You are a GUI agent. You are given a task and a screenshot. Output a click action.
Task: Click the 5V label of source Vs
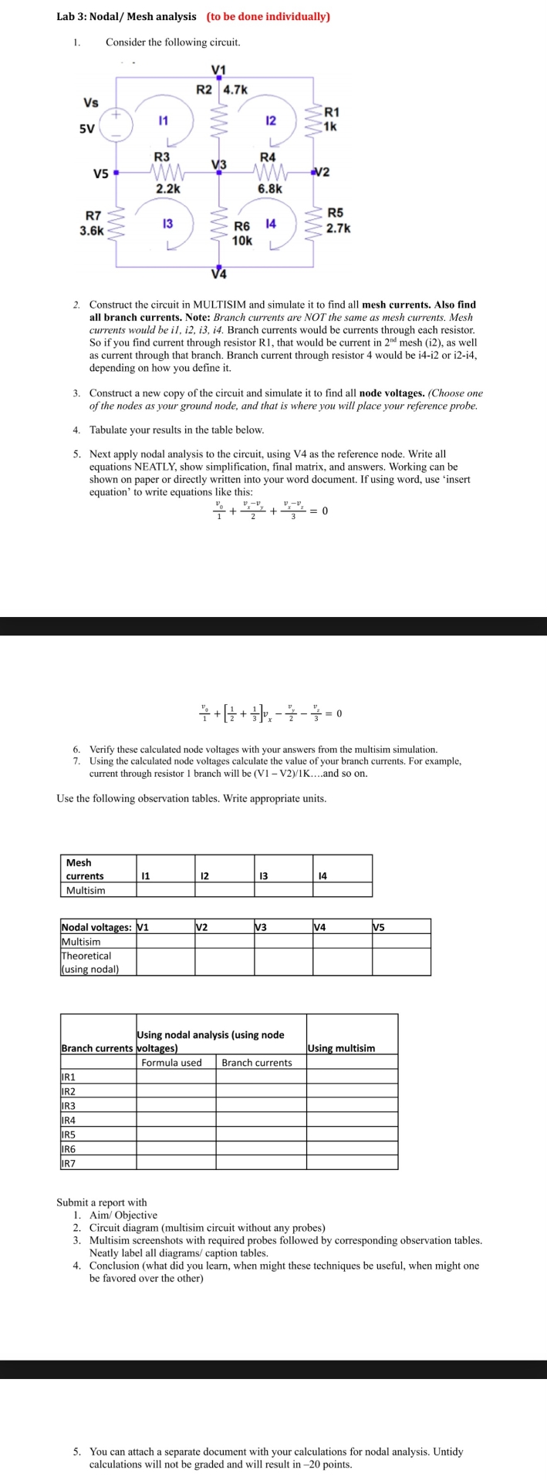pos(86,129)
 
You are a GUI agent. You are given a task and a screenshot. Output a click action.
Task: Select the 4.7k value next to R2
pos(235,89)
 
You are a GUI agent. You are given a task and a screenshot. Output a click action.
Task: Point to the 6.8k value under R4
pos(270,188)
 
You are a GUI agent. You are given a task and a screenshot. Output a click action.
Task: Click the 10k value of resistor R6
pos(241,240)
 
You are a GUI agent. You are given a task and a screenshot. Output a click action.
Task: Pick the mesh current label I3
pos(167,224)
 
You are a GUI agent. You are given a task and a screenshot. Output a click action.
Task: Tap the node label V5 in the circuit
pos(100,174)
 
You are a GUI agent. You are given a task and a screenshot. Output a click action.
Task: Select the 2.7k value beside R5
pos(338,228)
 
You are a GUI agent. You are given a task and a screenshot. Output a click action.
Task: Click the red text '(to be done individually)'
pos(268,16)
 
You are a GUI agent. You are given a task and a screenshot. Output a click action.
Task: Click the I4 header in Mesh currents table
pos(322,875)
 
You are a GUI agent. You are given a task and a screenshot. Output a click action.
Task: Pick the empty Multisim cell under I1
pos(165,890)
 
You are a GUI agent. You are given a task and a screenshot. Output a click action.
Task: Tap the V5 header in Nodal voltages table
pos(380,926)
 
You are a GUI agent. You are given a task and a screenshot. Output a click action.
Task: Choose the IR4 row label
pos(69,1120)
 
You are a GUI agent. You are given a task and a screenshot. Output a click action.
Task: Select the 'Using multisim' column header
pos(341,1048)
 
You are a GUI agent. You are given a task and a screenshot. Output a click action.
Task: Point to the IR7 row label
pos(69,1162)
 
